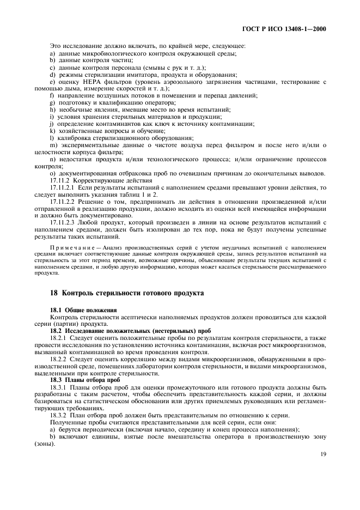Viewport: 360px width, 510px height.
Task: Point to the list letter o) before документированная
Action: [53, 174]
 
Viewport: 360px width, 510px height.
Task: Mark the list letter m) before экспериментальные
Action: [53, 145]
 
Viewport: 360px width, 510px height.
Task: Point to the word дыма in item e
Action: [72, 88]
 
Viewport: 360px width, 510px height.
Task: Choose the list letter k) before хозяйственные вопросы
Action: [52, 131]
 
